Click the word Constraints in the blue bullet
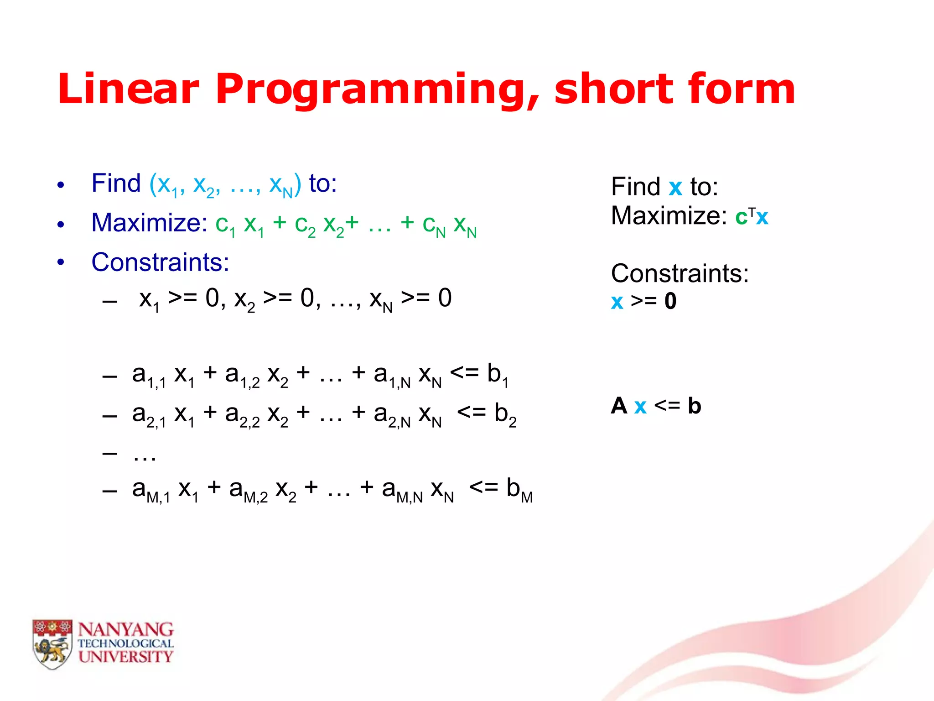(160, 262)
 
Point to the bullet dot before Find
(61, 185)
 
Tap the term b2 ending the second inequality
(505, 414)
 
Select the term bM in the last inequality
(519, 489)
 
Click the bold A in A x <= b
(619, 405)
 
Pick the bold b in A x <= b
(694, 405)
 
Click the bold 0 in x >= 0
(670, 301)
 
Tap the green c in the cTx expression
(741, 217)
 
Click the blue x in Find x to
(675, 188)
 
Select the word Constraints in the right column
(680, 274)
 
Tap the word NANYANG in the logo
(125, 630)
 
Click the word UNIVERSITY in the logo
(125, 657)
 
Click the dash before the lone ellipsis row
(110, 454)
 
